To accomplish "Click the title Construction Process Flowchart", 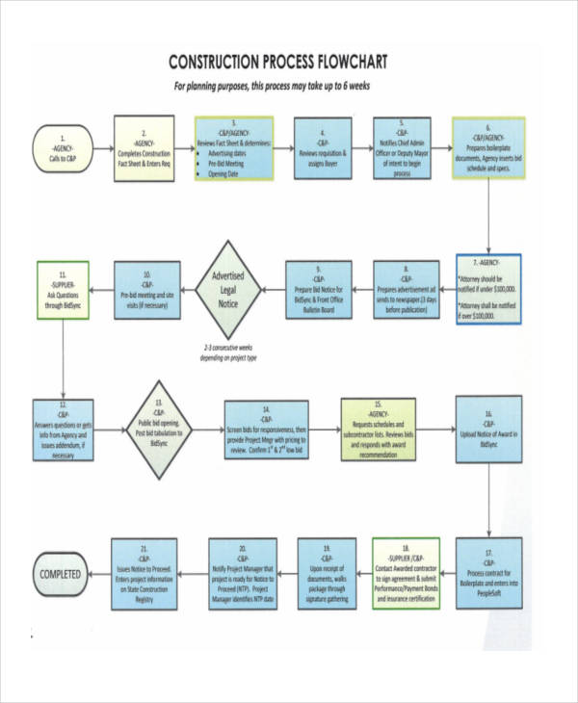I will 277,63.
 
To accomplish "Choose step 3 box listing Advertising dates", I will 233,147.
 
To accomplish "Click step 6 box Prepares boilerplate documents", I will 489,145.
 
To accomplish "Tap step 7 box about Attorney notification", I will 488,288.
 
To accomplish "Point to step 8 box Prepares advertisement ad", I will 407,288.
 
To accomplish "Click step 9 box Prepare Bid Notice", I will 318,288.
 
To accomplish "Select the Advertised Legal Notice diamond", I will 229,288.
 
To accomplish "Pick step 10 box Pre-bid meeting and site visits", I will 146,288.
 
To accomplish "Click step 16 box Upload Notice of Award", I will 488,430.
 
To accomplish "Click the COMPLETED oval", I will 65,574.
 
